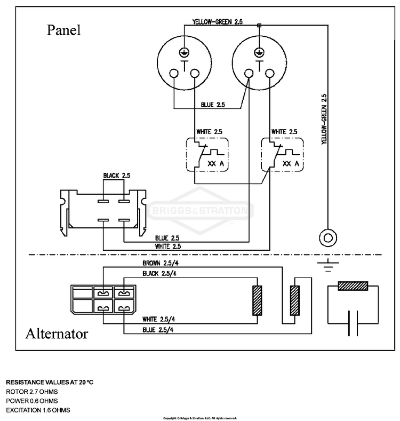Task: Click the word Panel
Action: pos(63,30)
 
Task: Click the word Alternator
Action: pos(57,333)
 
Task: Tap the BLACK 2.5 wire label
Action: pos(116,176)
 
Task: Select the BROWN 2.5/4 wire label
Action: pos(161,263)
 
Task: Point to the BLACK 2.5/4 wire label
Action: pos(159,274)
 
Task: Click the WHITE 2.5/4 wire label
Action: pos(158,319)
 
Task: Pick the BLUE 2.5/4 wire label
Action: pos(158,330)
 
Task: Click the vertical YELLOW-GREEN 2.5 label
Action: pos(324,119)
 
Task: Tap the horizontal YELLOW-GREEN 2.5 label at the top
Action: pos(218,22)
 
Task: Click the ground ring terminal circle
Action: pos(328,237)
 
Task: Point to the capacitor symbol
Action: pos(353,323)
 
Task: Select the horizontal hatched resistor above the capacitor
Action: pos(353,286)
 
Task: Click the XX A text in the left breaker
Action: pos(215,163)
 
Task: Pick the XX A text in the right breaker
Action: pos(291,163)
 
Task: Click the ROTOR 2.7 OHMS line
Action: pos(32,392)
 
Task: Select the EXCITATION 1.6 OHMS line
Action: pos(38,410)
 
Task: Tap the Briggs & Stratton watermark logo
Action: pos(201,210)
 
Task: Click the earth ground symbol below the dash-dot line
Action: pos(328,266)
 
